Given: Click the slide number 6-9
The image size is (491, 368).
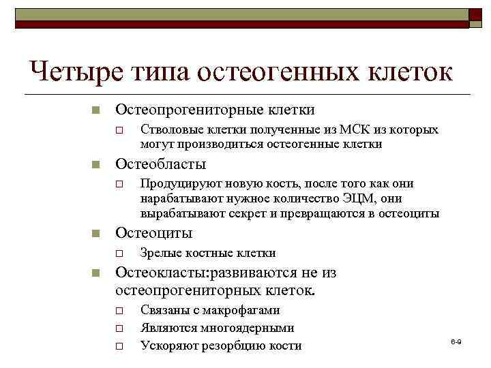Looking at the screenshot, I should pos(456,339).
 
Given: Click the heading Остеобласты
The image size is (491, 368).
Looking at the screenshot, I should pos(160,164).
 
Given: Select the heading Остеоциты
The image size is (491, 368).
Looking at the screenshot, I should pos(153,233).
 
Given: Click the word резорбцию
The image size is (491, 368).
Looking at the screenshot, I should pos(232,346).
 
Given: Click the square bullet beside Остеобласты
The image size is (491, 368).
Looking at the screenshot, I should pos(96,165).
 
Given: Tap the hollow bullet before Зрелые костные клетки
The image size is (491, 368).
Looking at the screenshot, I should pos(119,254).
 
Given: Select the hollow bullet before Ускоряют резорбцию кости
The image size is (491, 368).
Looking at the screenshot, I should pos(119,346).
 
